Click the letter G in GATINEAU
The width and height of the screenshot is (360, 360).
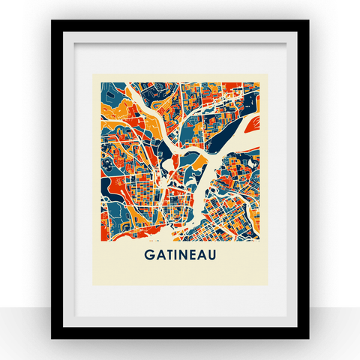[x=147, y=255]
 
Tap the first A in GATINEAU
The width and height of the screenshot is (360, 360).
[x=157, y=255]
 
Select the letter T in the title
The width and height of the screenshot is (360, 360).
[x=168, y=255]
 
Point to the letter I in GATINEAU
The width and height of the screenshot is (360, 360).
[x=175, y=255]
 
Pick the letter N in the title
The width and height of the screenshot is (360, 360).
[x=184, y=255]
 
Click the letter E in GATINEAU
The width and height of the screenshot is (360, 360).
[x=193, y=255]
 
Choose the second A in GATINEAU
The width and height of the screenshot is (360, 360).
[x=203, y=255]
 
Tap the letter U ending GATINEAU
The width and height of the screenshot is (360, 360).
[x=214, y=255]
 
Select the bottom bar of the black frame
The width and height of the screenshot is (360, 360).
[x=180, y=334]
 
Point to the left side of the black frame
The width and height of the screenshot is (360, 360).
[x=55, y=180]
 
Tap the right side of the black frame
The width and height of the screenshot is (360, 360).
[x=304, y=180]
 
